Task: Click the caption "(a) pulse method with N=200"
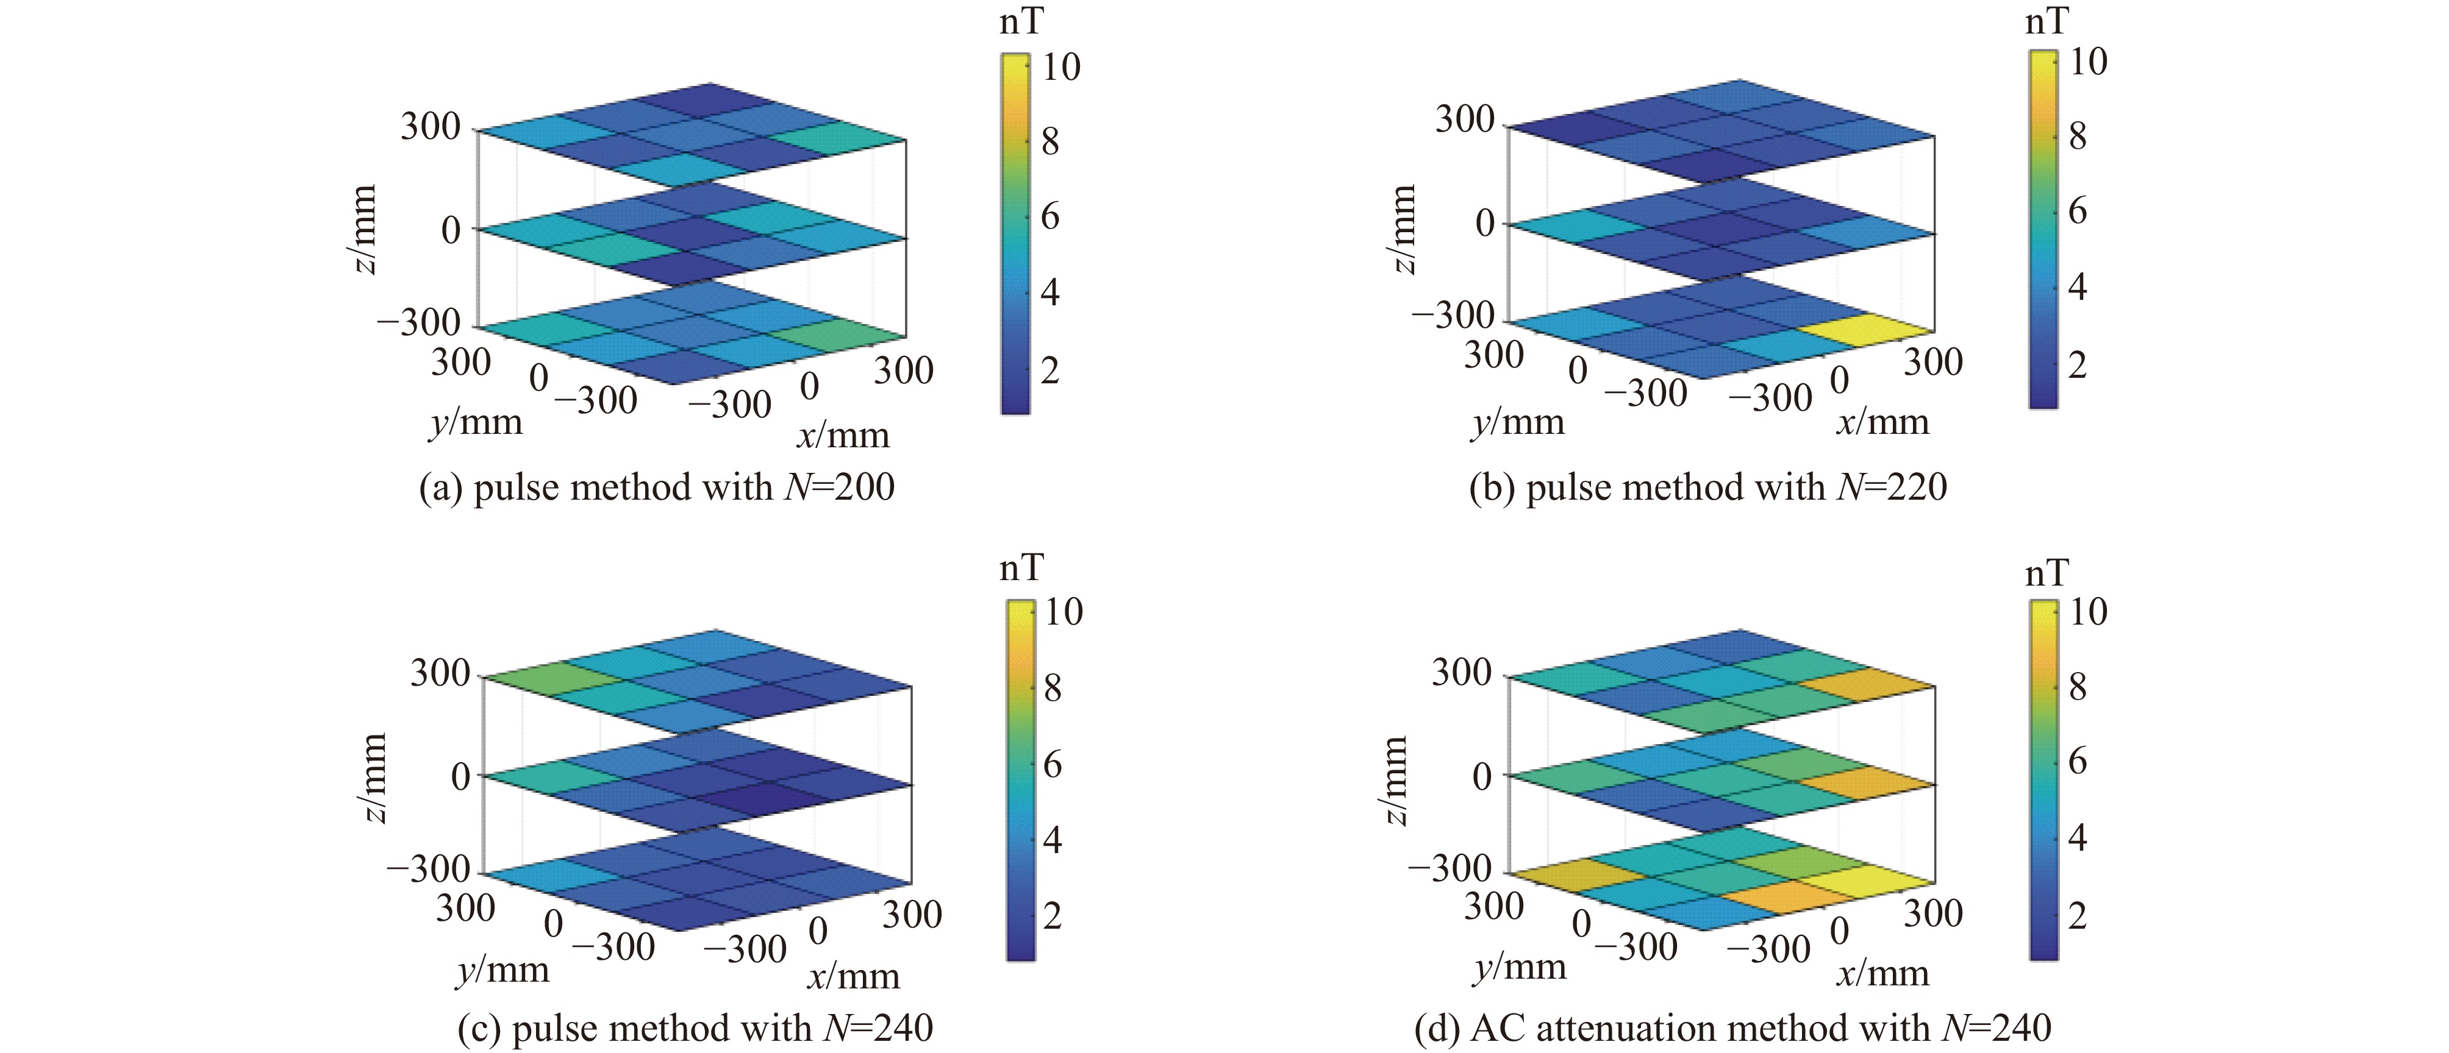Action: pos(657,487)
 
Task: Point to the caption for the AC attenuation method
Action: pos(1732,1028)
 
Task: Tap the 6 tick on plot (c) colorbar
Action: pos(1051,764)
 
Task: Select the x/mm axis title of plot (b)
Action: pos(1882,421)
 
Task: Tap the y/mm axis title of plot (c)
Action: pos(502,970)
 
